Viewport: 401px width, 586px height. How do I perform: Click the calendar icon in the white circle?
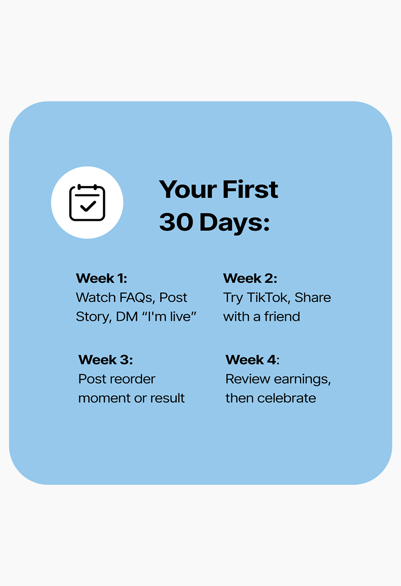(x=87, y=203)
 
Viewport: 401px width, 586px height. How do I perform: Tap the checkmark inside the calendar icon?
(x=88, y=206)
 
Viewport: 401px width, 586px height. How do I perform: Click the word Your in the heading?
(x=188, y=189)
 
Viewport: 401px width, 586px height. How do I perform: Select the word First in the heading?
(x=250, y=189)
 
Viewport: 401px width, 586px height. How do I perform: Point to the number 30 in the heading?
(x=176, y=222)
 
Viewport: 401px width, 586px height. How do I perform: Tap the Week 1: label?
(x=101, y=278)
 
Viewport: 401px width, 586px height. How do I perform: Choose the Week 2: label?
(x=250, y=278)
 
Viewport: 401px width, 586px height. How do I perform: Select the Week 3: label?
(x=105, y=360)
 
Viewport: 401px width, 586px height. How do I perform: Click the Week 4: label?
(x=252, y=360)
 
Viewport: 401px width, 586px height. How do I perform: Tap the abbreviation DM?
(x=127, y=316)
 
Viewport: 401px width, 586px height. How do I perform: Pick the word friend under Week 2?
(x=282, y=316)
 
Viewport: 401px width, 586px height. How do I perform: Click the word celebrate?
(x=286, y=398)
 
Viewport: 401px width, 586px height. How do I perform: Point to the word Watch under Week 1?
(x=96, y=297)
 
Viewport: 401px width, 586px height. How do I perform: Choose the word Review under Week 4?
(x=248, y=379)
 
